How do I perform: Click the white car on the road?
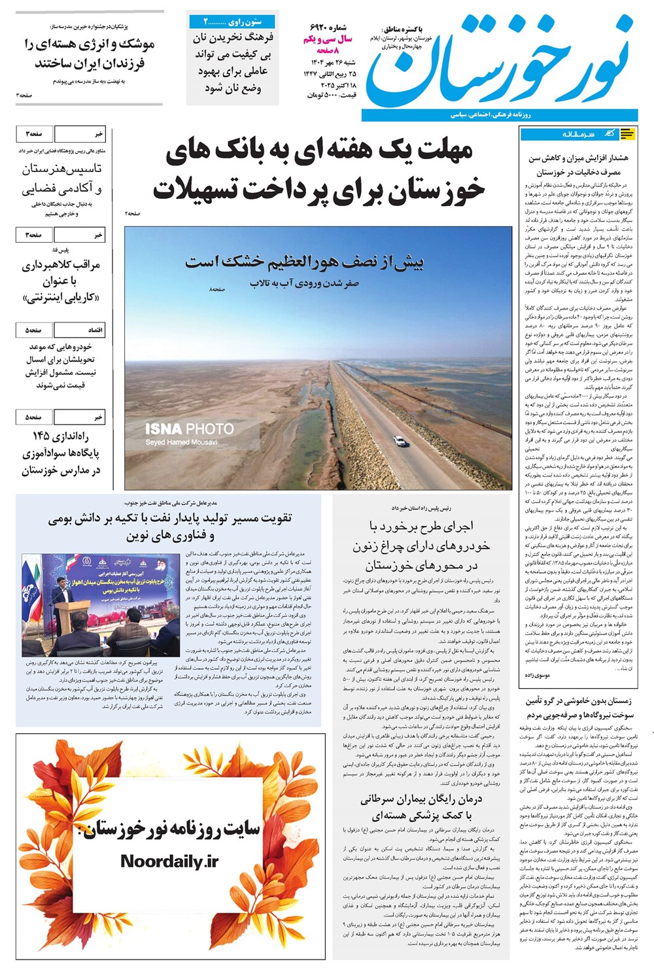click(x=400, y=441)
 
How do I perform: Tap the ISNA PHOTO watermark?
click(x=189, y=429)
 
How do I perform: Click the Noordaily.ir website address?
click(x=169, y=861)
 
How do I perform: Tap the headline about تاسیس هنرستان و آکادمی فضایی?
click(x=62, y=179)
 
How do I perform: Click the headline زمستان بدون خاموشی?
click(x=579, y=707)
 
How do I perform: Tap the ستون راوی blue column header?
click(x=232, y=22)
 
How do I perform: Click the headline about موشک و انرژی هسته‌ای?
click(x=90, y=54)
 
